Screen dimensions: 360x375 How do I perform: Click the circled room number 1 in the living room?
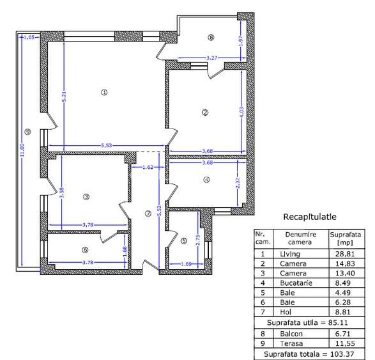[x=104, y=93]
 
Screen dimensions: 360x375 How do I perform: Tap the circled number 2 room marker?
[x=204, y=113]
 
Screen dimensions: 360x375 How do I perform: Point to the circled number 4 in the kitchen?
[x=206, y=179]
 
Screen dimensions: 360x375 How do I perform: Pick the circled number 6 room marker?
[x=86, y=250]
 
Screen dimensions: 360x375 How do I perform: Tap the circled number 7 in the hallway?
[x=148, y=214]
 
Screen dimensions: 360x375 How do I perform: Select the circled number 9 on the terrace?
[x=27, y=132]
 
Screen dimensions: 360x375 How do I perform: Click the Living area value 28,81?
[x=342, y=254]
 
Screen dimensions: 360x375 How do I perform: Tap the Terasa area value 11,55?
[x=342, y=343]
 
